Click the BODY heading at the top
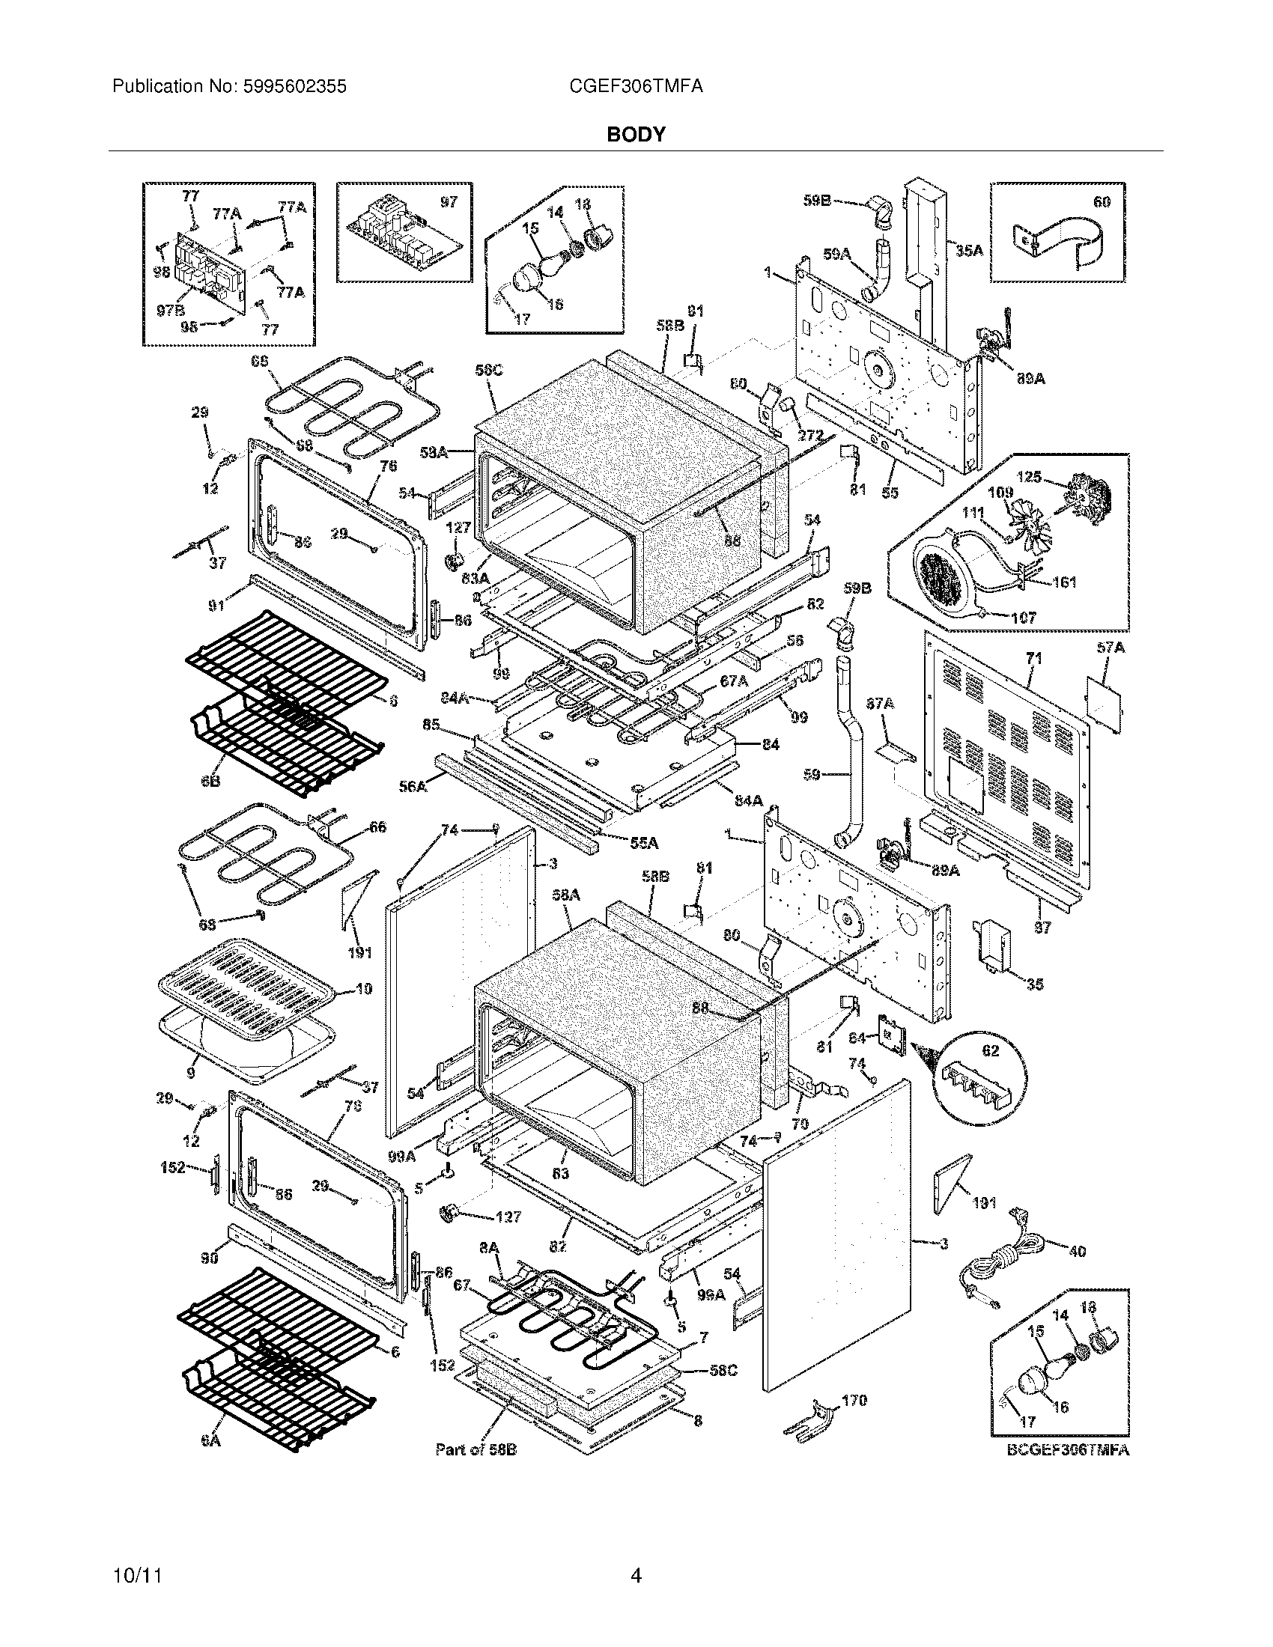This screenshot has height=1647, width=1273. point(636,135)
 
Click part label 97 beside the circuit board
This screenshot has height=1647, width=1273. point(449,203)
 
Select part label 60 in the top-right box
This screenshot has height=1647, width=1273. point(1101,202)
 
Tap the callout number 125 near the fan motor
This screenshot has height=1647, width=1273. point(1029,478)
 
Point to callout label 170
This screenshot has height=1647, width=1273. point(854,1401)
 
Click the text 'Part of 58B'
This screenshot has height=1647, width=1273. point(476,1449)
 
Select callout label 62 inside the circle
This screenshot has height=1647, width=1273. point(989,1050)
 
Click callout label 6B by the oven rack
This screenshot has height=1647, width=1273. point(210,782)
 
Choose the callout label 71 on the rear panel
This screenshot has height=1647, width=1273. point(1034,659)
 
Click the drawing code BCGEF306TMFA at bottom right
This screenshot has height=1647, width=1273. point(1067,1450)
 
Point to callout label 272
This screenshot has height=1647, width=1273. point(810,436)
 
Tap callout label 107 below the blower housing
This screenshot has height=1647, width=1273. point(1022,618)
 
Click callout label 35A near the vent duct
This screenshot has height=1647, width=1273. point(969,251)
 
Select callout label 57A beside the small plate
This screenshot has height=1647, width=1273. point(1111,648)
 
